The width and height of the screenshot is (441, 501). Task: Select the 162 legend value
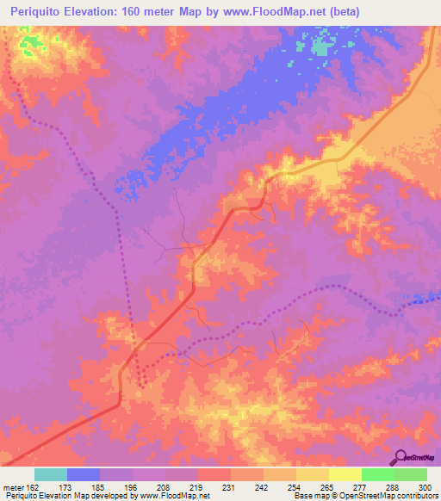coord(33,487)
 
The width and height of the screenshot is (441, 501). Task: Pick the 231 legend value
coord(230,487)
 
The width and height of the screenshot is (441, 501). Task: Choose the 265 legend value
coord(328,487)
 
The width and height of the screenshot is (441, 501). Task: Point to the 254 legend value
coord(295,487)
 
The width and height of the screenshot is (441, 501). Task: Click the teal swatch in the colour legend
coord(51,474)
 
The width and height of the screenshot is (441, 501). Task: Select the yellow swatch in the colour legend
coord(345,474)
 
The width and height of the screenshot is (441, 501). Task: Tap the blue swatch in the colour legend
coord(84,474)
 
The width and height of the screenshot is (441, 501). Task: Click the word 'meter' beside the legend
coord(12,487)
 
